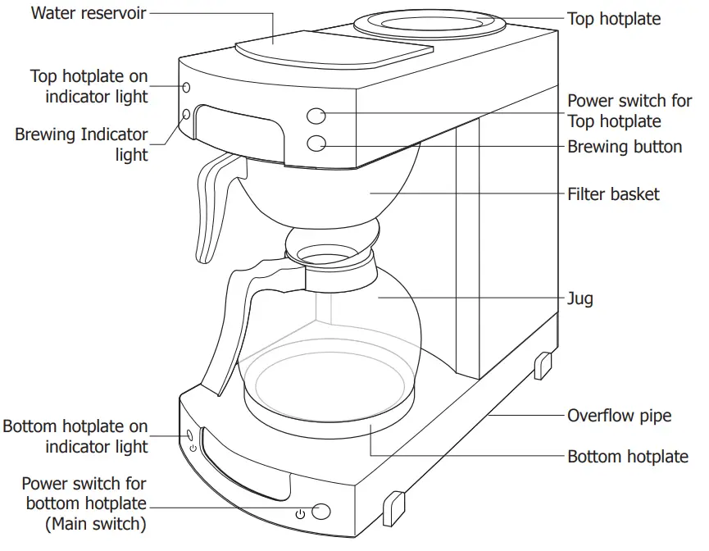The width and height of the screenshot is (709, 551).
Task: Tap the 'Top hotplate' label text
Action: pos(614,18)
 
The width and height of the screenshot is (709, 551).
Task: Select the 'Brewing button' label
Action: pos(625,147)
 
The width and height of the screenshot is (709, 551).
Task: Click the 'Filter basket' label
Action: pos(613,194)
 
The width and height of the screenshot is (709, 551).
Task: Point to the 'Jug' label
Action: pos(580,299)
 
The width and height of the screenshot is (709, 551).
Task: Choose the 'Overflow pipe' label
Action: pos(619,416)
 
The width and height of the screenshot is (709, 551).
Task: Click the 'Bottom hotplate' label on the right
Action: pos(628,457)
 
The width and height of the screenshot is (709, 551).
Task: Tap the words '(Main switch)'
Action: pos(96,522)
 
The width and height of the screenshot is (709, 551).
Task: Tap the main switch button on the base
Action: pos(321,512)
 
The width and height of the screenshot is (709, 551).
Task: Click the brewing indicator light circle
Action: pos(186,115)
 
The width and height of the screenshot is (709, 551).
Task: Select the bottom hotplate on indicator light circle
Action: pos(190,434)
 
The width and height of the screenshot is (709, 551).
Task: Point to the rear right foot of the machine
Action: pos(542,365)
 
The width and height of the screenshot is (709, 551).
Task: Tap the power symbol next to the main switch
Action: pos(300,513)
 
